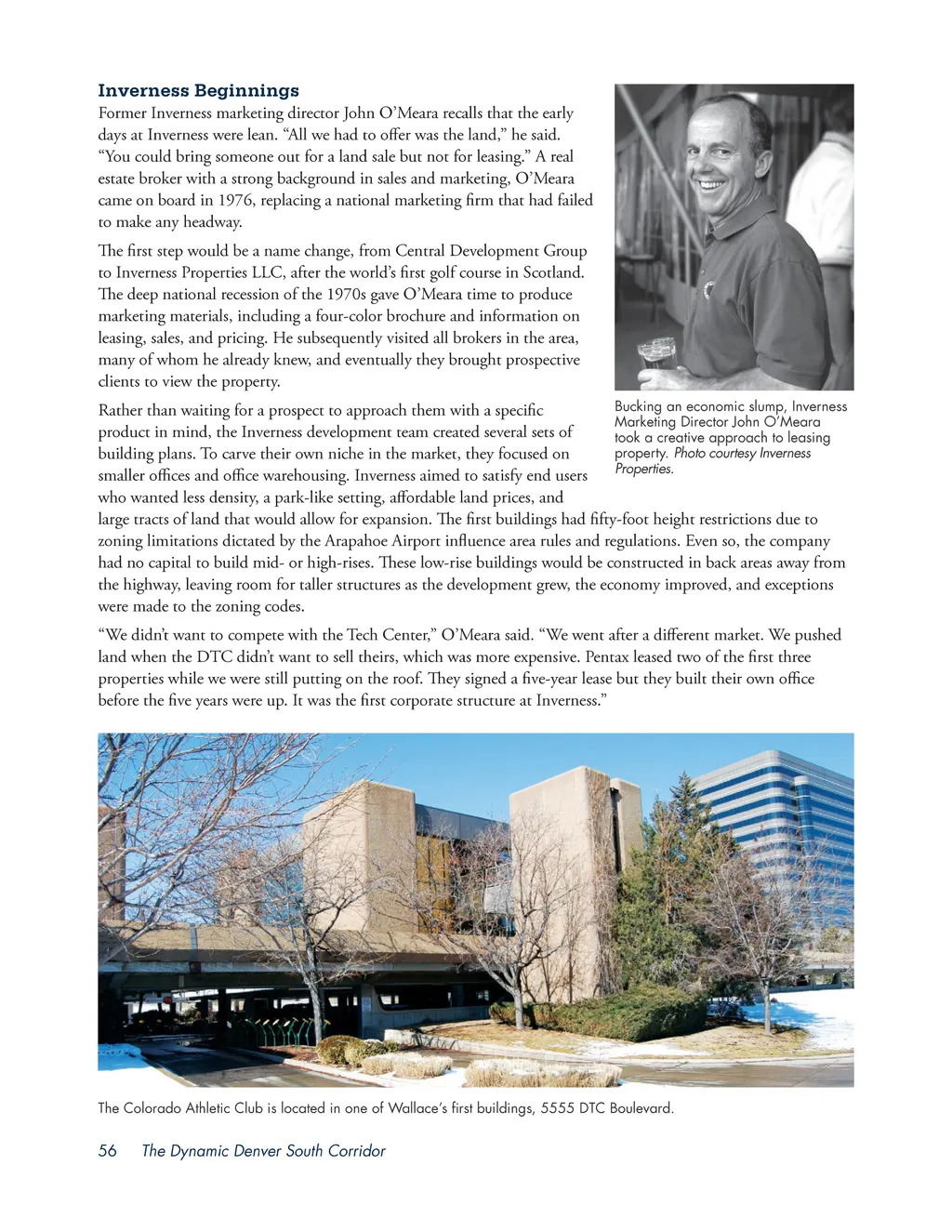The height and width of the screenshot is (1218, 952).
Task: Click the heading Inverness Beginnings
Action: (x=198, y=90)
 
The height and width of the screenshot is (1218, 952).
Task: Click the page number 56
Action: (x=108, y=1150)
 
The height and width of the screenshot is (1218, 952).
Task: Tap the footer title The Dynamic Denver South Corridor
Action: (x=263, y=1150)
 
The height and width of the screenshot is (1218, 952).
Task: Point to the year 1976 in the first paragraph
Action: (x=235, y=200)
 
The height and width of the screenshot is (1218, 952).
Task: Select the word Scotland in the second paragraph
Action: (x=553, y=272)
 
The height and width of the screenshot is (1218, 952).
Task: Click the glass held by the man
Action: (x=656, y=356)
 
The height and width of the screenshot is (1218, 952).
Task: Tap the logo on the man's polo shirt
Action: (x=708, y=289)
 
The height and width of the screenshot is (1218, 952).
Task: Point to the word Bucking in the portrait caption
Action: (x=638, y=406)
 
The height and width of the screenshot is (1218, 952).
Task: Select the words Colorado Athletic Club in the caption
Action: (x=196, y=1108)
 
